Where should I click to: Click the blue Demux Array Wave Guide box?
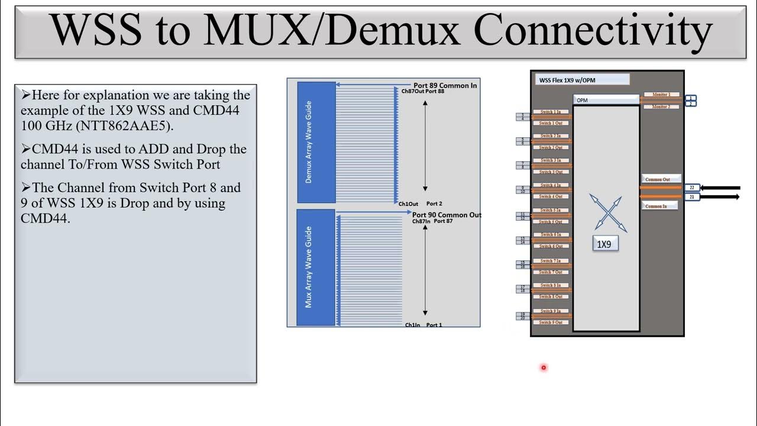pos(316,142)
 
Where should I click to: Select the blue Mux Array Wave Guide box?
pos(316,267)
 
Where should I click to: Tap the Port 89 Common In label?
pos(445,86)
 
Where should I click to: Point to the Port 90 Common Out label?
pos(447,215)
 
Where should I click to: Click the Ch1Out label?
pos(408,204)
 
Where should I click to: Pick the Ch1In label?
pos(412,325)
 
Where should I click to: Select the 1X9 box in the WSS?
pos(605,244)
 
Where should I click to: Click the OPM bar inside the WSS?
pos(606,100)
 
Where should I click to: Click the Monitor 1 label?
pos(661,95)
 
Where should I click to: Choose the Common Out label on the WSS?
pos(661,179)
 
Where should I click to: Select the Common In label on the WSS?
pos(661,206)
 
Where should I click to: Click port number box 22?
pos(692,188)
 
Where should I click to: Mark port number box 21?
pos(692,196)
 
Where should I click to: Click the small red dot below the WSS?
pos(544,367)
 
